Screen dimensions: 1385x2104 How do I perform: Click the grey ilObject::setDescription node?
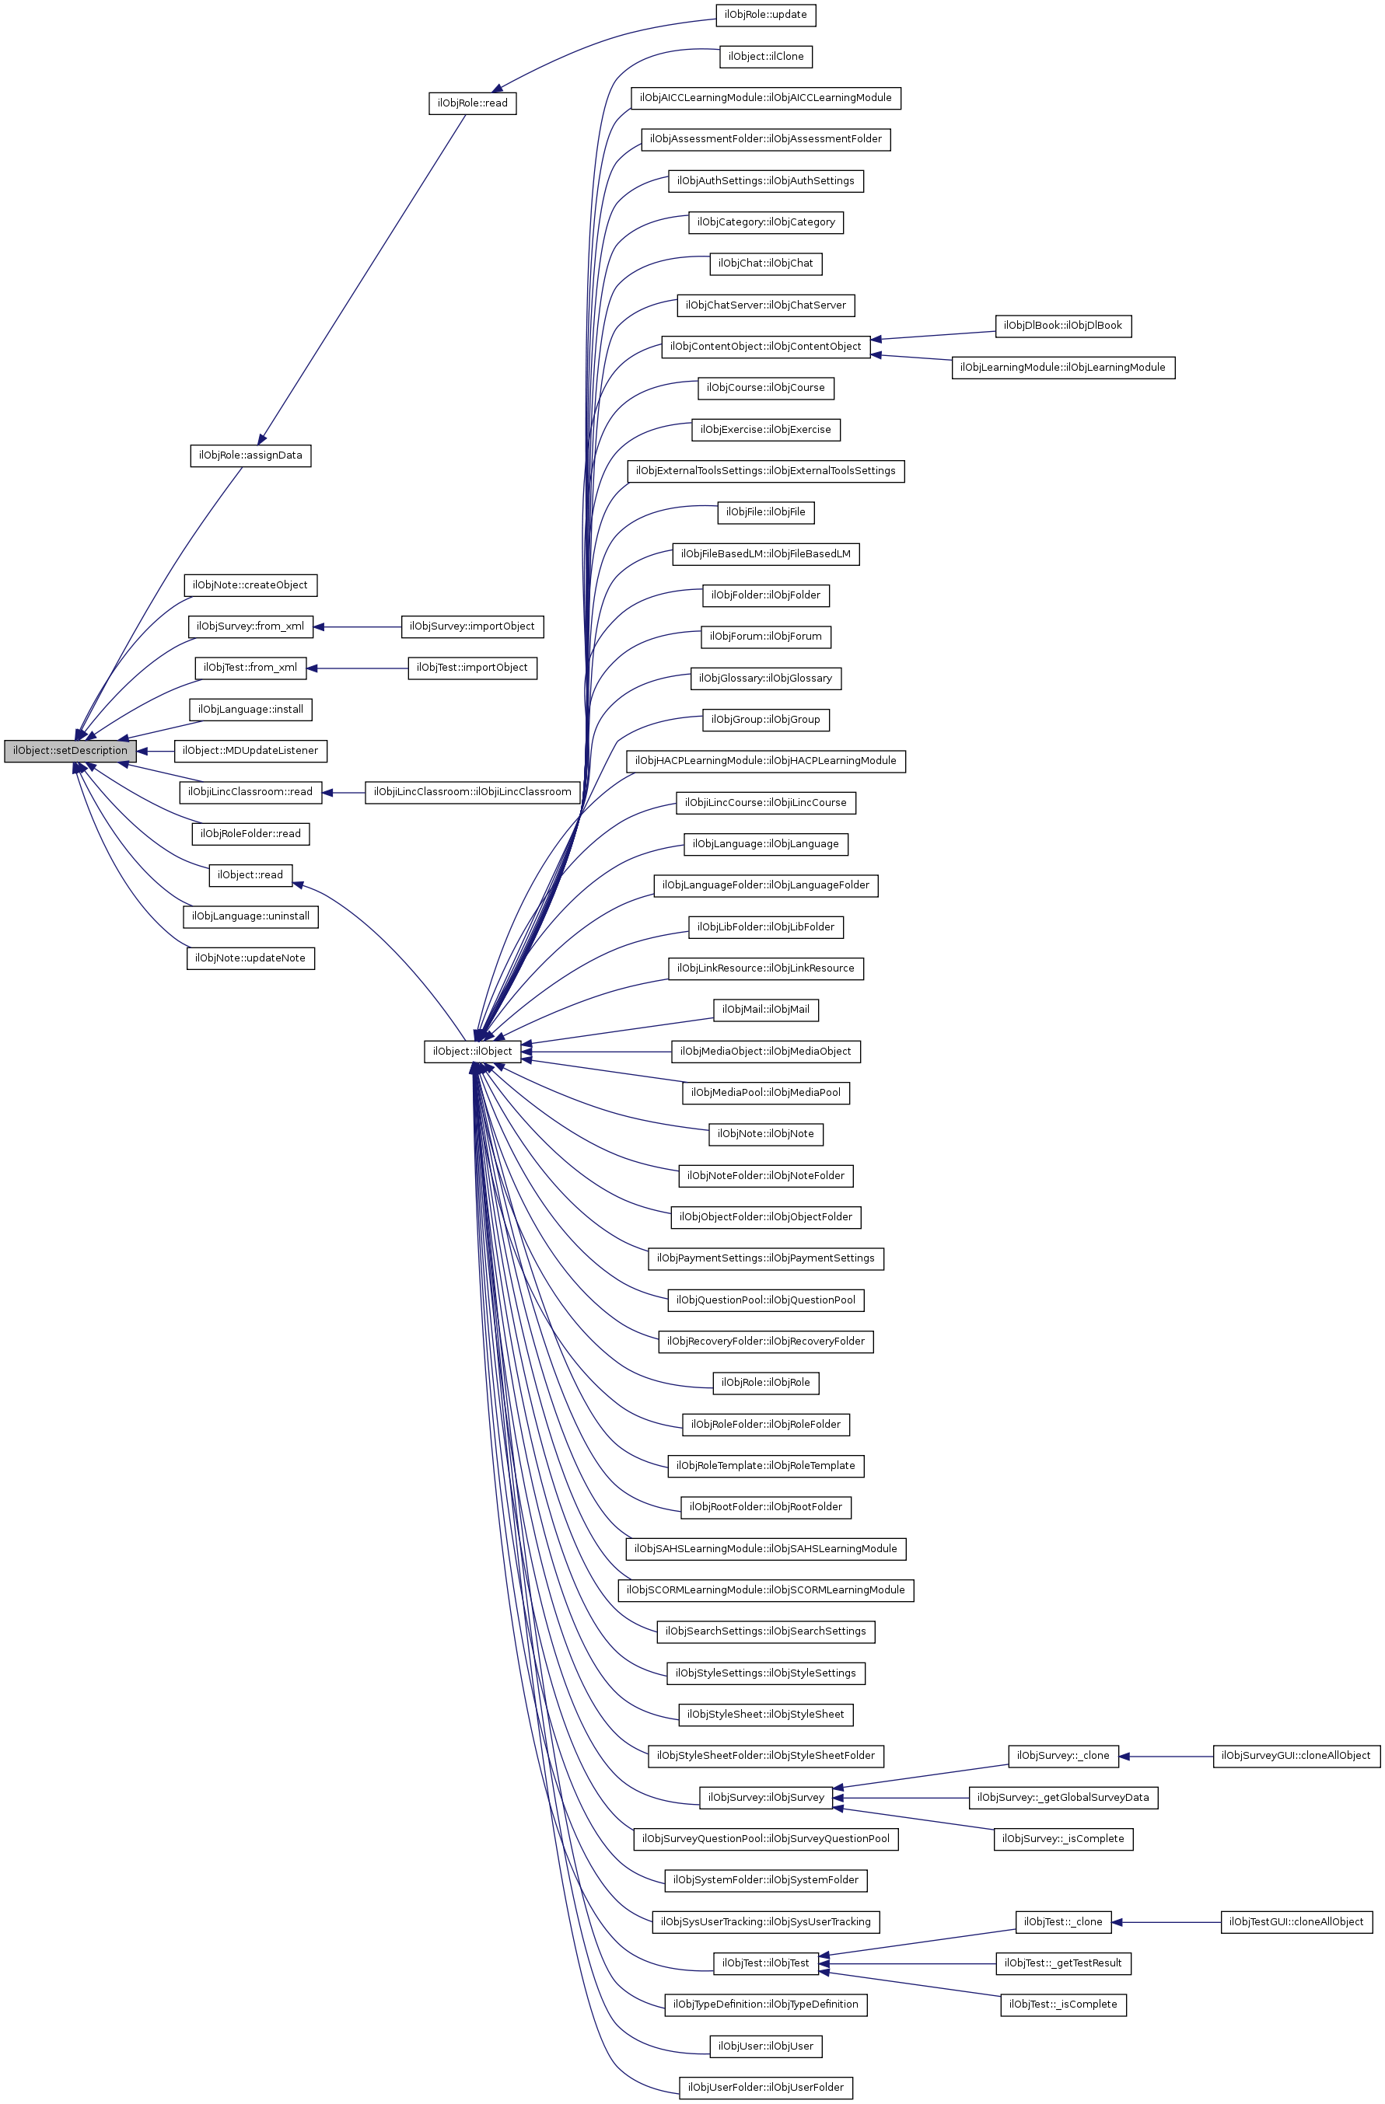coord(70,751)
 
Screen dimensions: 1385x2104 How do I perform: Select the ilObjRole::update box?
coord(765,15)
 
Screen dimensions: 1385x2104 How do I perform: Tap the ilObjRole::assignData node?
coord(250,455)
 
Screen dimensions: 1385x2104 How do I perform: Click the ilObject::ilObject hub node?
coord(472,1051)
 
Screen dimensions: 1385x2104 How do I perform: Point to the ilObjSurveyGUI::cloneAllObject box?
coord(1296,1756)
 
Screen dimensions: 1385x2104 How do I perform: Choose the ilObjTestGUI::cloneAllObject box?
coord(1296,1922)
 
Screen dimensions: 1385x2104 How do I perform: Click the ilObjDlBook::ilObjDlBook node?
coord(1063,326)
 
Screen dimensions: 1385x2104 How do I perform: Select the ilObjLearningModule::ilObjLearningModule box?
coord(1063,367)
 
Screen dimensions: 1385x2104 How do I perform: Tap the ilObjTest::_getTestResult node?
coord(1063,1963)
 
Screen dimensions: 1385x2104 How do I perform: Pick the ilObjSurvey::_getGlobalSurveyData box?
coord(1063,1797)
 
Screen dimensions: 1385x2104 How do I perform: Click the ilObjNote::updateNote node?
coord(250,958)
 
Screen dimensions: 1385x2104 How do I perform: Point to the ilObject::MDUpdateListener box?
coord(250,751)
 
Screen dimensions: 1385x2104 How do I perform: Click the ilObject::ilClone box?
coord(765,57)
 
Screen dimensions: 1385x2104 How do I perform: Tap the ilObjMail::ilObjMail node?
coord(765,1010)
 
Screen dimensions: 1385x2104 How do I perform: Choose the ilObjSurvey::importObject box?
coord(472,626)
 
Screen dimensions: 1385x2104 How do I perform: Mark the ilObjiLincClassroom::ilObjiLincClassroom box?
coord(472,792)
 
